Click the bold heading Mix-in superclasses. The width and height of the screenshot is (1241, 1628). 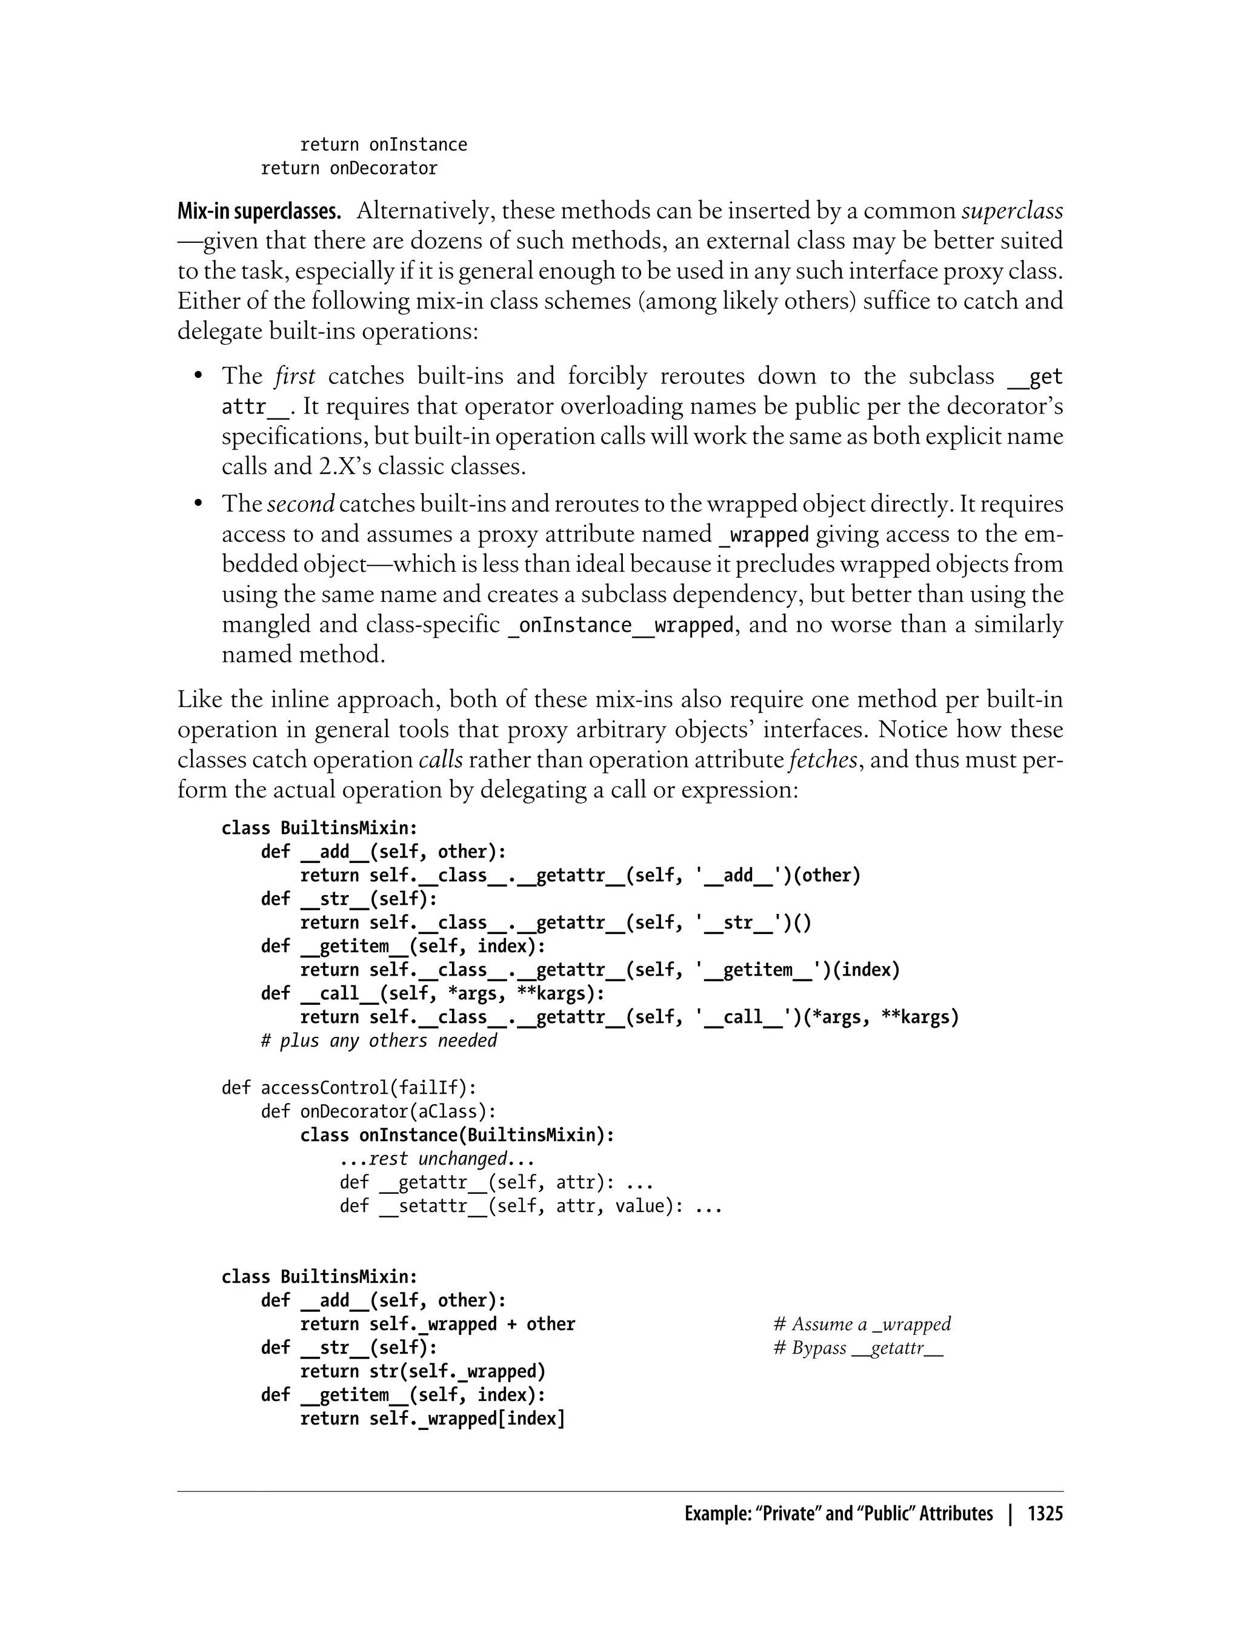click(259, 211)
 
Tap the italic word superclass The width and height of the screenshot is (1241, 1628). click(1012, 211)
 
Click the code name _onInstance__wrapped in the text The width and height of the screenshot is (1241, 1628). click(620, 624)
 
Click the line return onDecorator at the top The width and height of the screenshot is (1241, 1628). click(348, 168)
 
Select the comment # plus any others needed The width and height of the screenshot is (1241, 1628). click(379, 1041)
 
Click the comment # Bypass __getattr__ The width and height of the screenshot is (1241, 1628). click(857, 1348)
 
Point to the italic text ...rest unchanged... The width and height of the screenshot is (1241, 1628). click(436, 1159)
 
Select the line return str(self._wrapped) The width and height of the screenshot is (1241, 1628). click(422, 1371)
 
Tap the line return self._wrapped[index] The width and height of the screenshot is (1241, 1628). click(432, 1418)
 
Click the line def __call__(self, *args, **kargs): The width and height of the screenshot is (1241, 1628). click(432, 993)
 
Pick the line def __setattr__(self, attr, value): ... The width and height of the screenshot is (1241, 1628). click(530, 1206)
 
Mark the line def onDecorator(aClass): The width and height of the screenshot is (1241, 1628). click(378, 1111)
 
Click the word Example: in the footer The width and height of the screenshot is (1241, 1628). click(715, 1514)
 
